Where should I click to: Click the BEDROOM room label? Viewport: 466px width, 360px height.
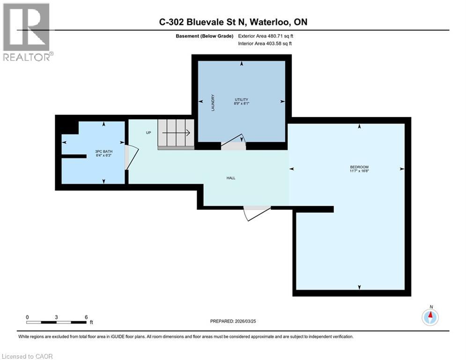[359, 167]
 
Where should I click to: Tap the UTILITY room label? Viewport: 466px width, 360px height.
[241, 99]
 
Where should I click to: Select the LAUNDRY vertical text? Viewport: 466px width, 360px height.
[213, 101]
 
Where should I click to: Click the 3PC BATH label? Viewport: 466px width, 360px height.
[104, 151]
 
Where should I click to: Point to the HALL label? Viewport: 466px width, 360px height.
[231, 178]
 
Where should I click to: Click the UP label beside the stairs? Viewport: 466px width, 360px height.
[148, 133]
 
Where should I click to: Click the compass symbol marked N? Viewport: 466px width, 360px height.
[430, 317]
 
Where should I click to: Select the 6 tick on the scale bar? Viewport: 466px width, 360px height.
[86, 317]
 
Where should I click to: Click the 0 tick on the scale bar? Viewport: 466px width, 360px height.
[28, 317]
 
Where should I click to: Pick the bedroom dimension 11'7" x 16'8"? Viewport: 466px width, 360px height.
[359, 172]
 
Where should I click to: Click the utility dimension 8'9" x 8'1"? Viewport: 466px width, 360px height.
[241, 104]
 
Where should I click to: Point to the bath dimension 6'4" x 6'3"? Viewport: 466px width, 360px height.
[104, 156]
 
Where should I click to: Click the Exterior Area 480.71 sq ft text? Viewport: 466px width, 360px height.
[266, 36]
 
